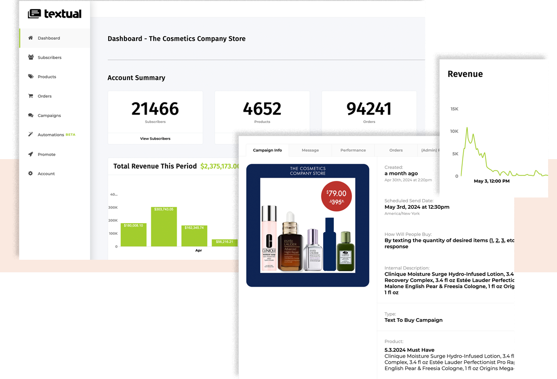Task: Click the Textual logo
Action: coord(55,14)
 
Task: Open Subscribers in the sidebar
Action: coord(49,58)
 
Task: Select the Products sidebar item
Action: coord(46,77)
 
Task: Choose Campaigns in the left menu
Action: coord(49,116)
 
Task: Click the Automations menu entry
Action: coord(51,135)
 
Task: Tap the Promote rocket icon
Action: coord(31,154)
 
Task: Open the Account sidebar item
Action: coord(46,174)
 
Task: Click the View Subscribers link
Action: coord(155,139)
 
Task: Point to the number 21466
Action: coord(155,109)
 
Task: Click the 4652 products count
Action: coord(262,109)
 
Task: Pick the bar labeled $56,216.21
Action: coord(225,243)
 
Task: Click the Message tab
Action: coord(310,150)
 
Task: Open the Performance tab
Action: coord(353,150)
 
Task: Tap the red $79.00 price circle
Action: coord(337,196)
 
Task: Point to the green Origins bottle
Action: coord(344,251)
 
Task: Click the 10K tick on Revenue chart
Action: coord(454,131)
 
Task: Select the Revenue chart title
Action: coord(465,74)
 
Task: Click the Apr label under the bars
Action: coord(198,251)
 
